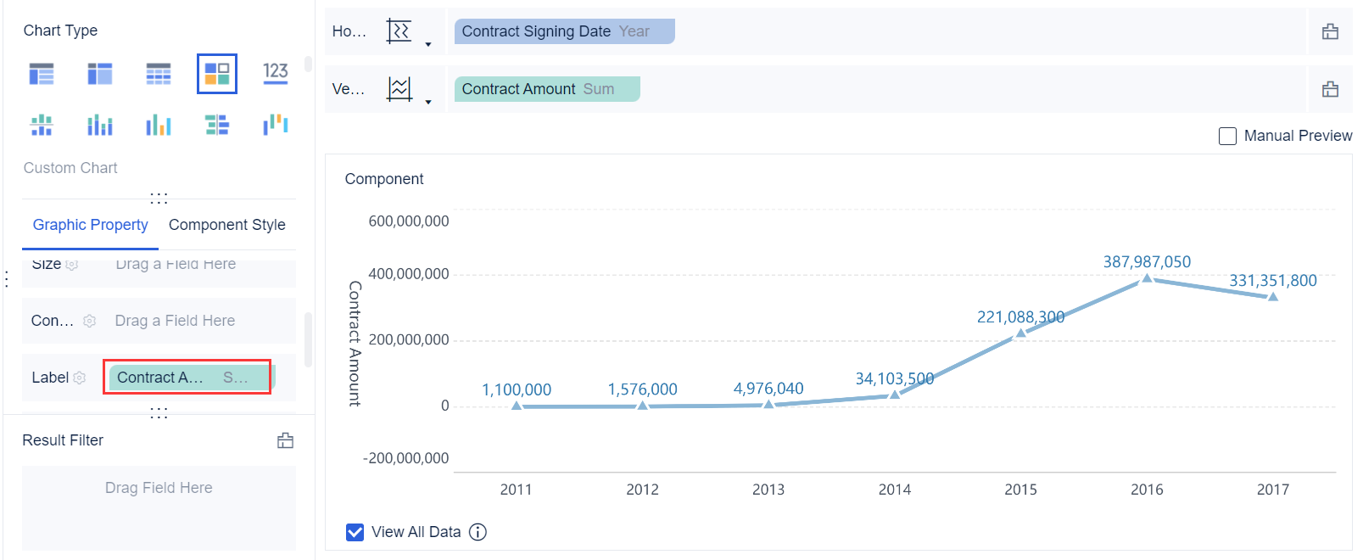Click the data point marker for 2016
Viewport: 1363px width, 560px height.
pyautogui.click(x=1147, y=277)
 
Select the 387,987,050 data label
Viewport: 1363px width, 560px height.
pyautogui.click(x=1147, y=262)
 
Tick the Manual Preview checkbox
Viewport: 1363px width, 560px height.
pyautogui.click(x=1227, y=136)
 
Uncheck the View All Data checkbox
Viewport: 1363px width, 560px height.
pyautogui.click(x=355, y=532)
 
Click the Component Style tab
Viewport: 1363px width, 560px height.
pyautogui.click(x=226, y=225)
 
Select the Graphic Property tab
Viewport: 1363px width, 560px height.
pyautogui.click(x=90, y=225)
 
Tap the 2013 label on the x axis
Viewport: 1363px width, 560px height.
pyautogui.click(x=768, y=490)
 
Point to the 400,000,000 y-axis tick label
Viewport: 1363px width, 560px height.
pyautogui.click(x=409, y=274)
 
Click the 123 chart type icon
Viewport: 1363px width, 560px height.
pyautogui.click(x=276, y=73)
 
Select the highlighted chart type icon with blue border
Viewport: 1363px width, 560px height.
pyautogui.click(x=217, y=74)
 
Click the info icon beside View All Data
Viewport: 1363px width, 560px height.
pyautogui.click(x=478, y=532)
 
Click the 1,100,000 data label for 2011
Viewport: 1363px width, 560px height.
pyautogui.click(x=517, y=389)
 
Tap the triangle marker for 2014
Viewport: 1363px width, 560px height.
pyautogui.click(x=895, y=394)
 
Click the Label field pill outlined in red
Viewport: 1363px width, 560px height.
pyautogui.click(x=187, y=378)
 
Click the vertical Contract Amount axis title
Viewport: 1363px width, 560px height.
pyautogui.click(x=355, y=344)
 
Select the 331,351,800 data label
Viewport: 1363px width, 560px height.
pyautogui.click(x=1273, y=281)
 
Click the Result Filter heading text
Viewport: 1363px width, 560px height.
pyautogui.click(x=63, y=440)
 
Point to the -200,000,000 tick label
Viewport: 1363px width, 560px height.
pyautogui.click(x=406, y=458)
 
